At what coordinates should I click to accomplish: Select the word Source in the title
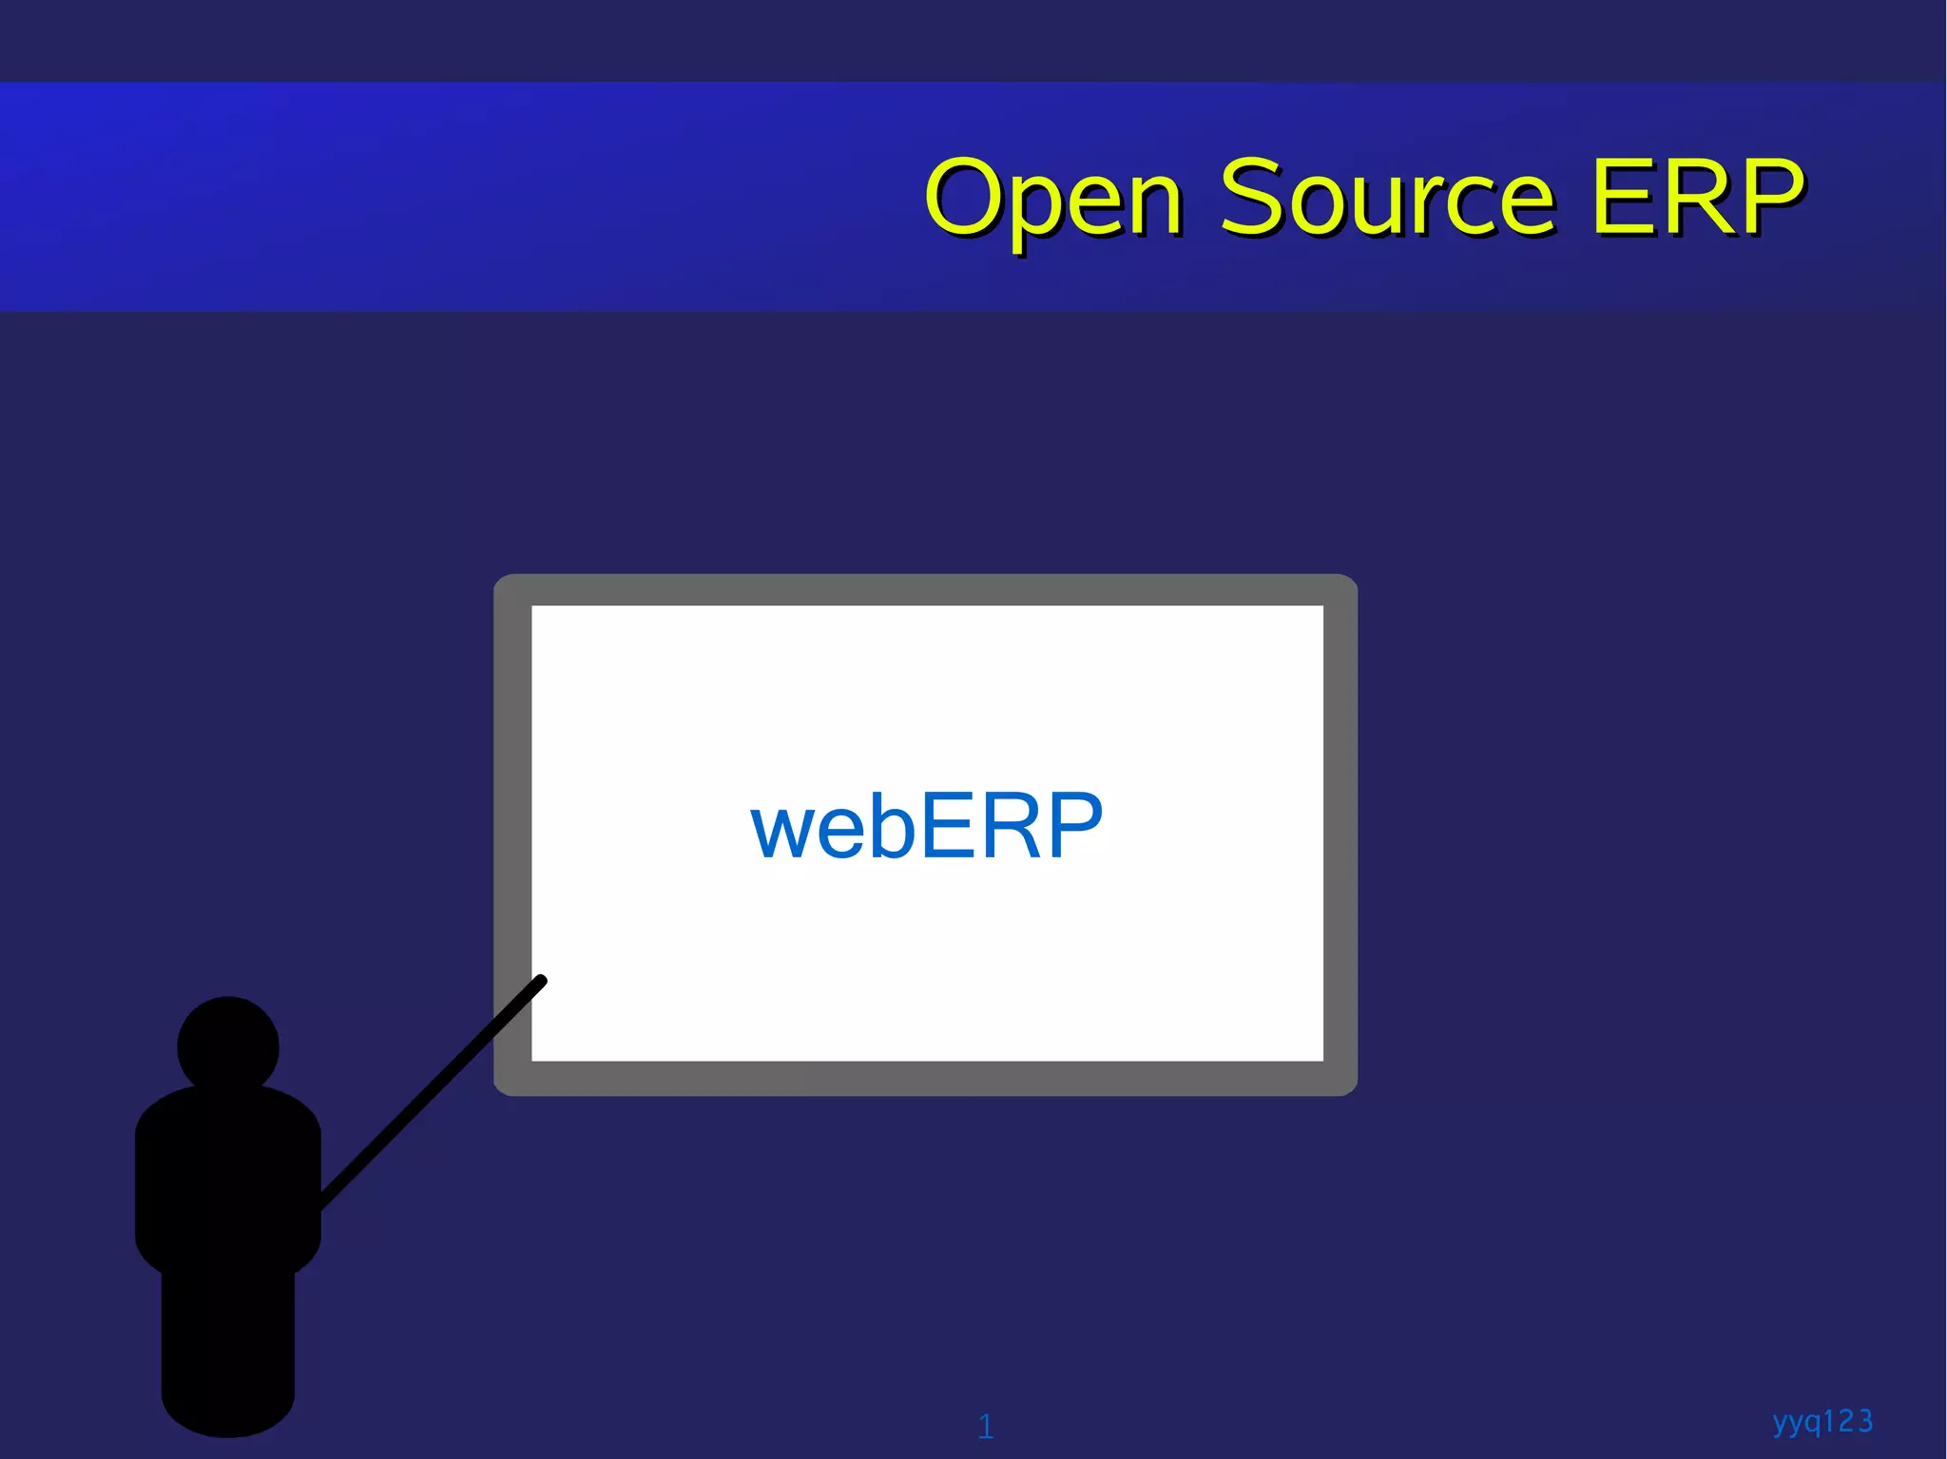click(1387, 196)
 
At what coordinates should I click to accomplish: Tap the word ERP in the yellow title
click(1697, 196)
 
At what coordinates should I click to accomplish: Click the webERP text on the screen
click(926, 826)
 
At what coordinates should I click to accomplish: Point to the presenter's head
click(228, 1046)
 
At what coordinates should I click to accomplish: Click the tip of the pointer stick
click(542, 980)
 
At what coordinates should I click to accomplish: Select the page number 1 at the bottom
click(986, 1426)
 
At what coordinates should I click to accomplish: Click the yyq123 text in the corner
click(1822, 1422)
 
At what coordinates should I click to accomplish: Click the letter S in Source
click(1253, 196)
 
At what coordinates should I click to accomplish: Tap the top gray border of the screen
click(925, 589)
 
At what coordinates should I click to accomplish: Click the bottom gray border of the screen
click(925, 1079)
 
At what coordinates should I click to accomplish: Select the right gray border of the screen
click(1340, 835)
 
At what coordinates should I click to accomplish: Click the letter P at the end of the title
click(1769, 196)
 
